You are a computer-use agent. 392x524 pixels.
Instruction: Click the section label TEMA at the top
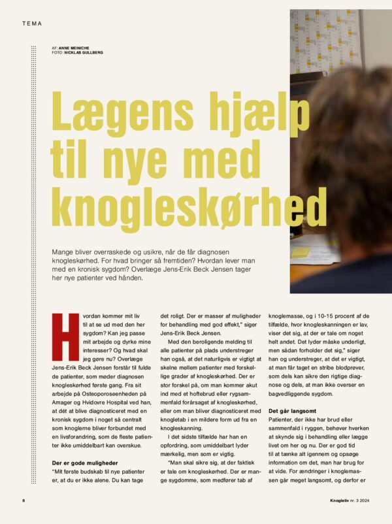(x=31, y=24)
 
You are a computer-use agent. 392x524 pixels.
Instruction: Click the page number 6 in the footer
(x=23, y=501)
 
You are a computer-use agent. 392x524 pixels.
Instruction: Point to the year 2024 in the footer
(x=362, y=501)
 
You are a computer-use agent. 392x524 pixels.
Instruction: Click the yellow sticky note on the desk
(x=300, y=252)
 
